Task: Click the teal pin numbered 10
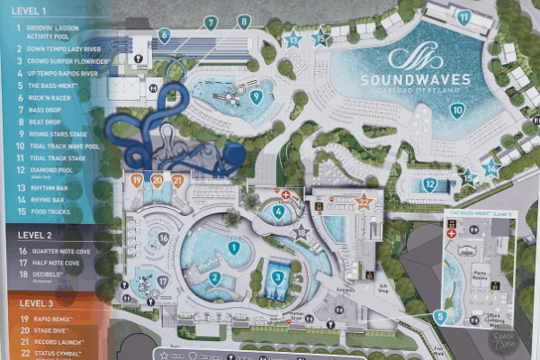pyautogui.click(x=457, y=111)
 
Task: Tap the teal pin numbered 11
pyautogui.click(x=463, y=17)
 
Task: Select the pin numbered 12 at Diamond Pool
pyautogui.click(x=430, y=184)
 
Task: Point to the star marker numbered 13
pyautogui.click(x=292, y=39)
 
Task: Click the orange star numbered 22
pyautogui.click(x=364, y=202)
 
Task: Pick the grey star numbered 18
pyautogui.click(x=301, y=234)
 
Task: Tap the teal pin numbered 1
pyautogui.click(x=234, y=247)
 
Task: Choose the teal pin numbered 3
pyautogui.click(x=278, y=277)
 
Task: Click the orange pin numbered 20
pyautogui.click(x=157, y=180)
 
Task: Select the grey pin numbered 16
pyautogui.click(x=163, y=238)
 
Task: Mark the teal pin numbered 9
pyautogui.click(x=256, y=97)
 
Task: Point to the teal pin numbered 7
pyautogui.click(x=210, y=22)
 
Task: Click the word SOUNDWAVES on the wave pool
pyautogui.click(x=430, y=79)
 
